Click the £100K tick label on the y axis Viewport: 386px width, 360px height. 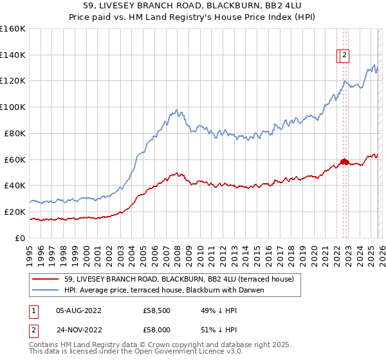pos(13,107)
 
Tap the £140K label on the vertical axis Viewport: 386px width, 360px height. pos(13,55)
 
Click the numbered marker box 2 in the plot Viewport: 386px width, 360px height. pos(345,56)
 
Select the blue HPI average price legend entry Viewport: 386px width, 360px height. pos(164,290)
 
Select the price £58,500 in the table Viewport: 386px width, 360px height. pos(157,310)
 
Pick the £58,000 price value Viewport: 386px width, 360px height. pos(157,328)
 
